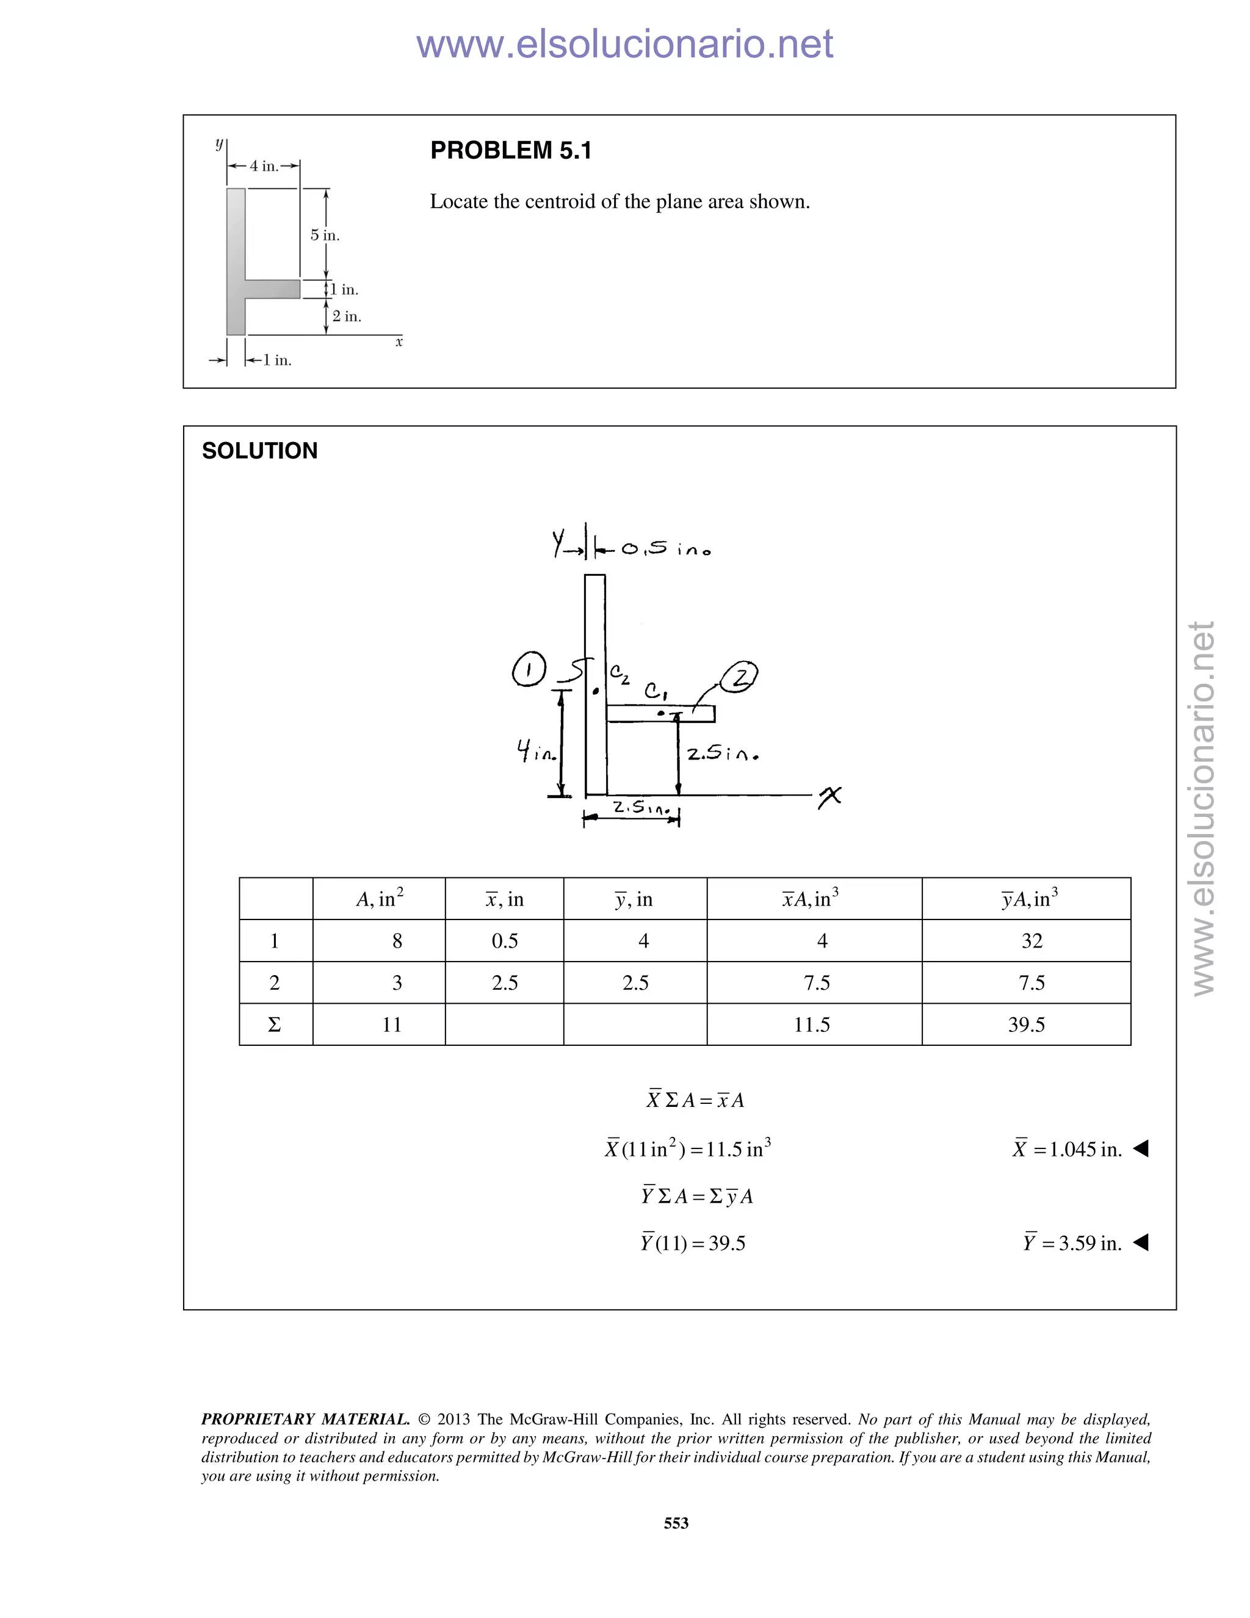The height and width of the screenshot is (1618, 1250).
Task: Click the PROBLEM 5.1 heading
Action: (511, 150)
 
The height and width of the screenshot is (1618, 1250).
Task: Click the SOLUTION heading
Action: (259, 451)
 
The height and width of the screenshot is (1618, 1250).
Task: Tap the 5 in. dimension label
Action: (324, 235)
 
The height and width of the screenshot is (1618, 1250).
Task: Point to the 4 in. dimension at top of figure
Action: (264, 166)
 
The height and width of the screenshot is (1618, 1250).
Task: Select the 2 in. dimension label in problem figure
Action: (347, 316)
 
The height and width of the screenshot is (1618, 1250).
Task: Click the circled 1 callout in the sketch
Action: (529, 670)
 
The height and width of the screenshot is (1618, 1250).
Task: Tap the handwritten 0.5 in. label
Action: (665, 549)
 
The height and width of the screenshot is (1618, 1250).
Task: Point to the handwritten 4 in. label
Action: (536, 753)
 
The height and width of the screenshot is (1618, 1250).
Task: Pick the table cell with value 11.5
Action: (812, 1025)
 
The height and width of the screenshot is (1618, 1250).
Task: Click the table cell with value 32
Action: (1031, 941)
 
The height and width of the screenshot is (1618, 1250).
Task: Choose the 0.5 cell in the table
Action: (504, 941)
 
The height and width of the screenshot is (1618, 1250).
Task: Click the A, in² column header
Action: (379, 899)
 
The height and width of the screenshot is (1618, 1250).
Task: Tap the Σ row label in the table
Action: (274, 1025)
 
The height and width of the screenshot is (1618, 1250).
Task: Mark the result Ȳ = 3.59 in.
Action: (1072, 1243)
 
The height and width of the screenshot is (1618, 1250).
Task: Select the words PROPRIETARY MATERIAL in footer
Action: (305, 1420)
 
